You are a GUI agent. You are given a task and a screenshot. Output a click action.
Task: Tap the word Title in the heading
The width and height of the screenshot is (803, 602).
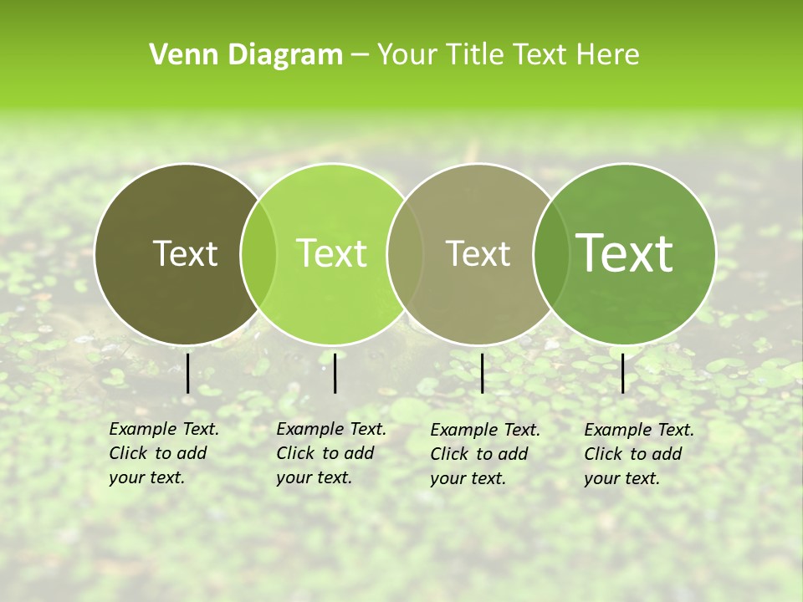pyautogui.click(x=476, y=54)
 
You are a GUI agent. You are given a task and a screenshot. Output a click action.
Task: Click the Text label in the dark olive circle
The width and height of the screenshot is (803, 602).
pyautogui.click(x=185, y=253)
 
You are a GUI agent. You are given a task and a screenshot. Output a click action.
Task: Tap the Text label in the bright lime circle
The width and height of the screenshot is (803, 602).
pyautogui.click(x=331, y=253)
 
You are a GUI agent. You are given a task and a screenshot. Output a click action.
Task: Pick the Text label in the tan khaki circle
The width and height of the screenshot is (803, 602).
pyautogui.click(x=478, y=253)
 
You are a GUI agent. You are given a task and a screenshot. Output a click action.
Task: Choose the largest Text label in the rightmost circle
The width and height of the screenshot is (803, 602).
pyautogui.click(x=625, y=253)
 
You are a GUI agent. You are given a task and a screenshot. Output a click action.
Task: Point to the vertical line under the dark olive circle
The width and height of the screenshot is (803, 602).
pyautogui.click(x=188, y=373)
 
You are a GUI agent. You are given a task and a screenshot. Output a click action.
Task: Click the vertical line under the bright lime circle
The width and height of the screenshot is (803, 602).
pyautogui.click(x=335, y=373)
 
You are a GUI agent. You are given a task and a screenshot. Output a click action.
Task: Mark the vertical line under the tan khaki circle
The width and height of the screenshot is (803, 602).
pyautogui.click(x=482, y=373)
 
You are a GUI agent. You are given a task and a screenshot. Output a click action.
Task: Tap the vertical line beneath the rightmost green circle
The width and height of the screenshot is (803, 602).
pyautogui.click(x=623, y=373)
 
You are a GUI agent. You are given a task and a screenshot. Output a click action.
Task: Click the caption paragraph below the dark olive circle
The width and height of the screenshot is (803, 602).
pyautogui.click(x=163, y=453)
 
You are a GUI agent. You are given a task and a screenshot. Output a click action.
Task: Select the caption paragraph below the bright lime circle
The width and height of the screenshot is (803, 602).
pyautogui.click(x=330, y=453)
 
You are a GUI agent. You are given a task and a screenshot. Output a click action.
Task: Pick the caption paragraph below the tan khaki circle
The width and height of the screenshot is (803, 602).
pyautogui.click(x=484, y=454)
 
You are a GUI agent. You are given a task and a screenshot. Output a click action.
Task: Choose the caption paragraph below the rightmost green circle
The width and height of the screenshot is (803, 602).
pyautogui.click(x=638, y=454)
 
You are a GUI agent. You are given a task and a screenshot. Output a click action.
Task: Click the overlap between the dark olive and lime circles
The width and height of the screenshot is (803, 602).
pyautogui.click(x=258, y=253)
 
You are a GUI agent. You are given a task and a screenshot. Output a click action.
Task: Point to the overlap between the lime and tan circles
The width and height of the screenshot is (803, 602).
pyautogui.click(x=405, y=253)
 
